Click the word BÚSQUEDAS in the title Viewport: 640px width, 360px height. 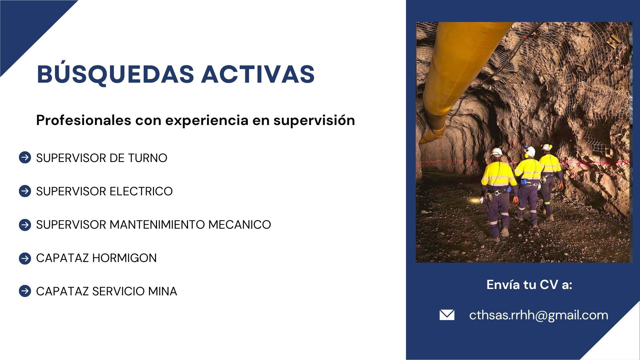[x=115, y=74]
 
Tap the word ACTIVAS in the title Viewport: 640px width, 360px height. [x=258, y=74]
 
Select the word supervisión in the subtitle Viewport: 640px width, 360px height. [x=314, y=120]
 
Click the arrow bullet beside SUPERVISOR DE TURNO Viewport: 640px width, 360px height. [x=25, y=158]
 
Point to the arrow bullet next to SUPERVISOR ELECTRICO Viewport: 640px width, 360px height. [x=25, y=191]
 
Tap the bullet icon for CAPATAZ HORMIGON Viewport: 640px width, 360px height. [x=25, y=258]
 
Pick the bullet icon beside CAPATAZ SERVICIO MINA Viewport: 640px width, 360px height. [x=25, y=291]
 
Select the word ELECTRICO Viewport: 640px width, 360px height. [x=141, y=191]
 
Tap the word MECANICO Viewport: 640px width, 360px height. [x=239, y=225]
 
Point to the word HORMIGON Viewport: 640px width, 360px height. [x=124, y=258]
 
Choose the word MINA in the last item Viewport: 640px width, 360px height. [x=163, y=291]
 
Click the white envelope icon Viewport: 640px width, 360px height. [x=447, y=315]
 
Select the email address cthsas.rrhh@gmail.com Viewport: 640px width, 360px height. [x=538, y=315]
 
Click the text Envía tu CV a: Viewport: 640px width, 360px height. [x=529, y=285]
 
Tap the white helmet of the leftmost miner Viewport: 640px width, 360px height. [x=497, y=152]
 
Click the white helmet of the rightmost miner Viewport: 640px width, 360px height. [x=546, y=147]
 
